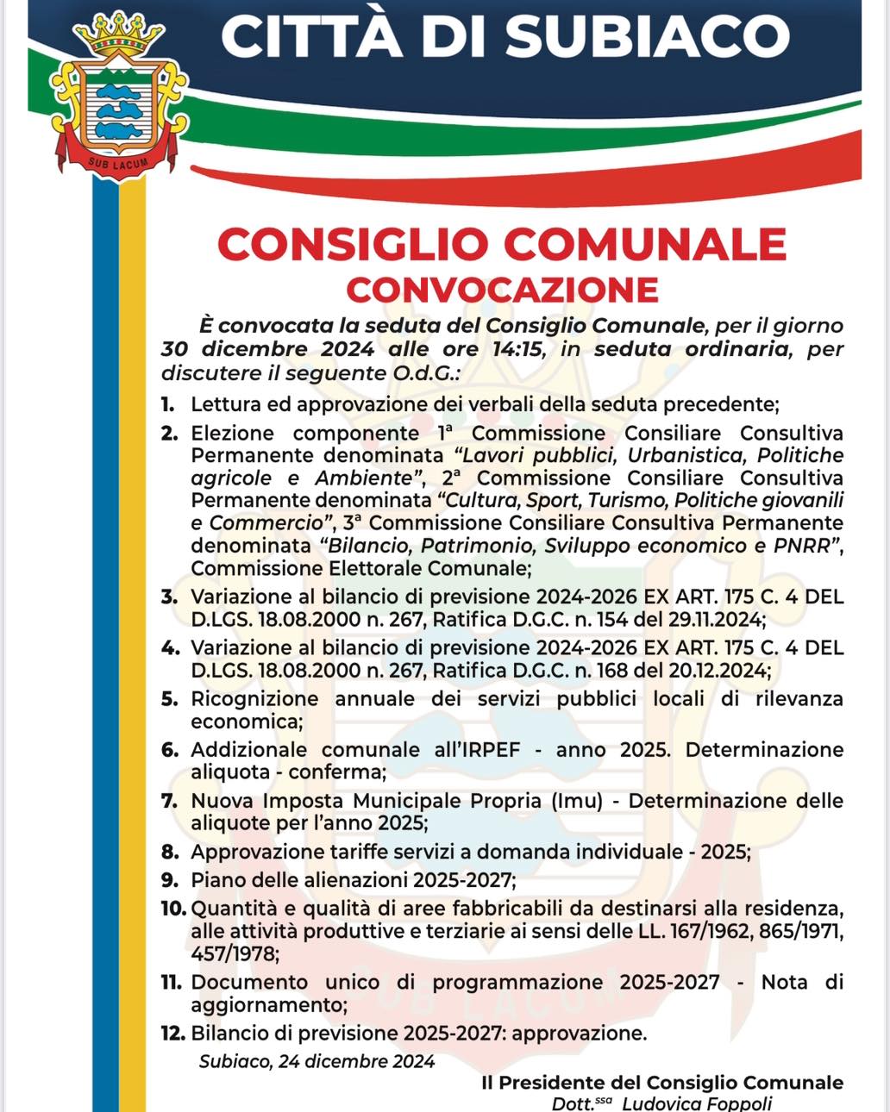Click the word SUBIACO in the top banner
point(647,36)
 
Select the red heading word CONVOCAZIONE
point(502,290)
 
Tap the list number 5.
point(170,699)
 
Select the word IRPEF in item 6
point(489,750)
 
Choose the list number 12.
point(172,1033)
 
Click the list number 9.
point(170,880)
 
